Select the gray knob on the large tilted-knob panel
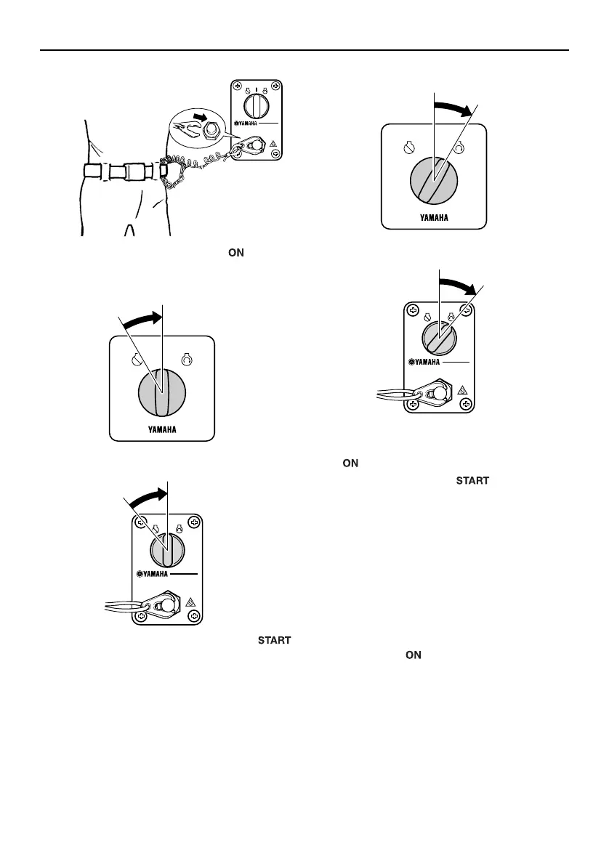434,179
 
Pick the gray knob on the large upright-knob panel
162,390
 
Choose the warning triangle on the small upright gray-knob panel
190,602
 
